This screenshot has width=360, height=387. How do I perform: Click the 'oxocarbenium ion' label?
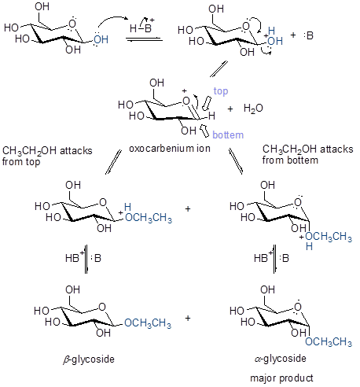[x=170, y=149]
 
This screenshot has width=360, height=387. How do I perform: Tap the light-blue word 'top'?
[x=221, y=91]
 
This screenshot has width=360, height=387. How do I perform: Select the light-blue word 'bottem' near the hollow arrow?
[x=228, y=135]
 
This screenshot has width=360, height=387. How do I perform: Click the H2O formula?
[x=253, y=108]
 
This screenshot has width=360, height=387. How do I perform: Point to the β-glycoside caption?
[x=89, y=359]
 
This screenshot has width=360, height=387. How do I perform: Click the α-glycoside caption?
[x=281, y=358]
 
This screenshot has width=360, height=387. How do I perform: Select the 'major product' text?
[x=281, y=378]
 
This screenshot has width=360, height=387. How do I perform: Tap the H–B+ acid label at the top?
[x=142, y=26]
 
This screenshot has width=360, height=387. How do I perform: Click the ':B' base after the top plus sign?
[x=309, y=35]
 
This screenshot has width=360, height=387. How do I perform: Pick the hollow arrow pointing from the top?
[x=207, y=103]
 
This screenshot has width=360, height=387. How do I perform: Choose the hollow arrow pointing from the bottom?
[x=204, y=131]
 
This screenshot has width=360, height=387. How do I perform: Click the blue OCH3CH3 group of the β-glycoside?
[x=148, y=322]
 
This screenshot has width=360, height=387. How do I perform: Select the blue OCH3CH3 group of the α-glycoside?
[x=329, y=341]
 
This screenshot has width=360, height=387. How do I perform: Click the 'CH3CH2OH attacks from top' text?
[x=47, y=156]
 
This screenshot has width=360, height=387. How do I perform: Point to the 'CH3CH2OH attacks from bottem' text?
[x=308, y=154]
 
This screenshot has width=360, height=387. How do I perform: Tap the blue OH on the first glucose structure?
[x=101, y=39]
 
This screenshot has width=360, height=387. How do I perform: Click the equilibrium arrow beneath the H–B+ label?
[x=144, y=39]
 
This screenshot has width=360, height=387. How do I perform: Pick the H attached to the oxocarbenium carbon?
[x=211, y=116]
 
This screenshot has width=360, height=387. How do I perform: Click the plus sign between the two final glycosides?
[x=188, y=318]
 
